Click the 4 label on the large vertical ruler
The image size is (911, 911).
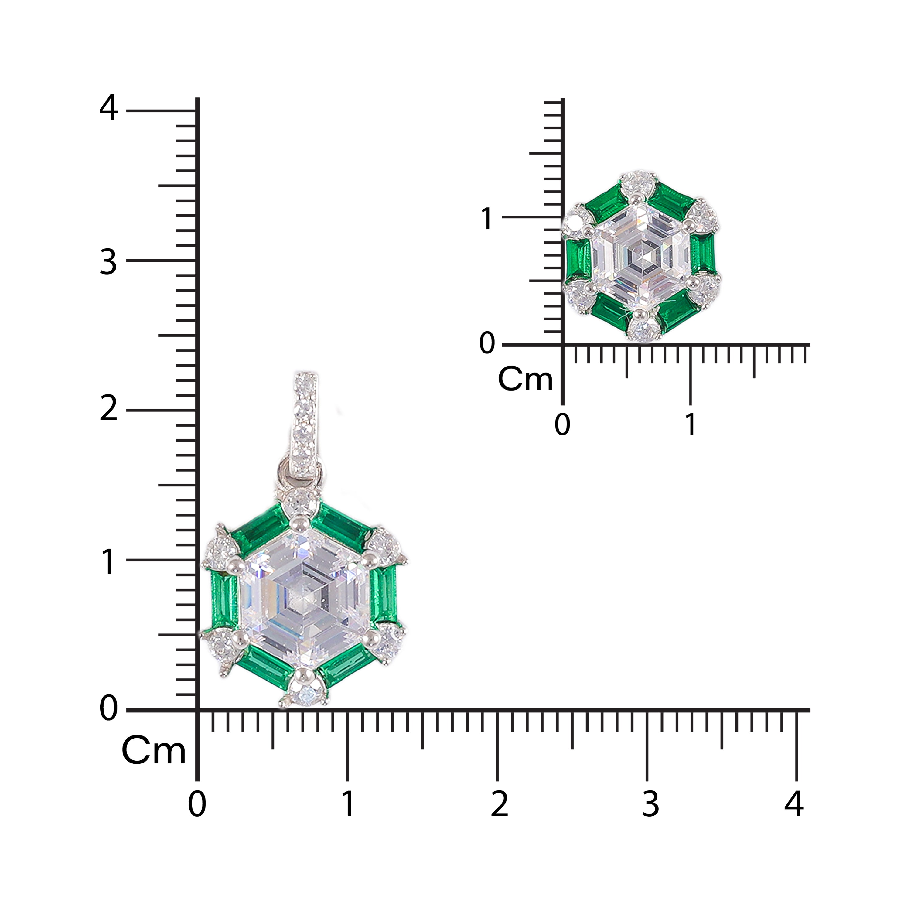coord(108,108)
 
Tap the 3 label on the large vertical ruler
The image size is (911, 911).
coord(108,262)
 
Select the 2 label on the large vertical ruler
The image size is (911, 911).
coord(108,408)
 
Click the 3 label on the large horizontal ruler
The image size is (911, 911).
coord(650,804)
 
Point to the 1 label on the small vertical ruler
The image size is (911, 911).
coord(487,219)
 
